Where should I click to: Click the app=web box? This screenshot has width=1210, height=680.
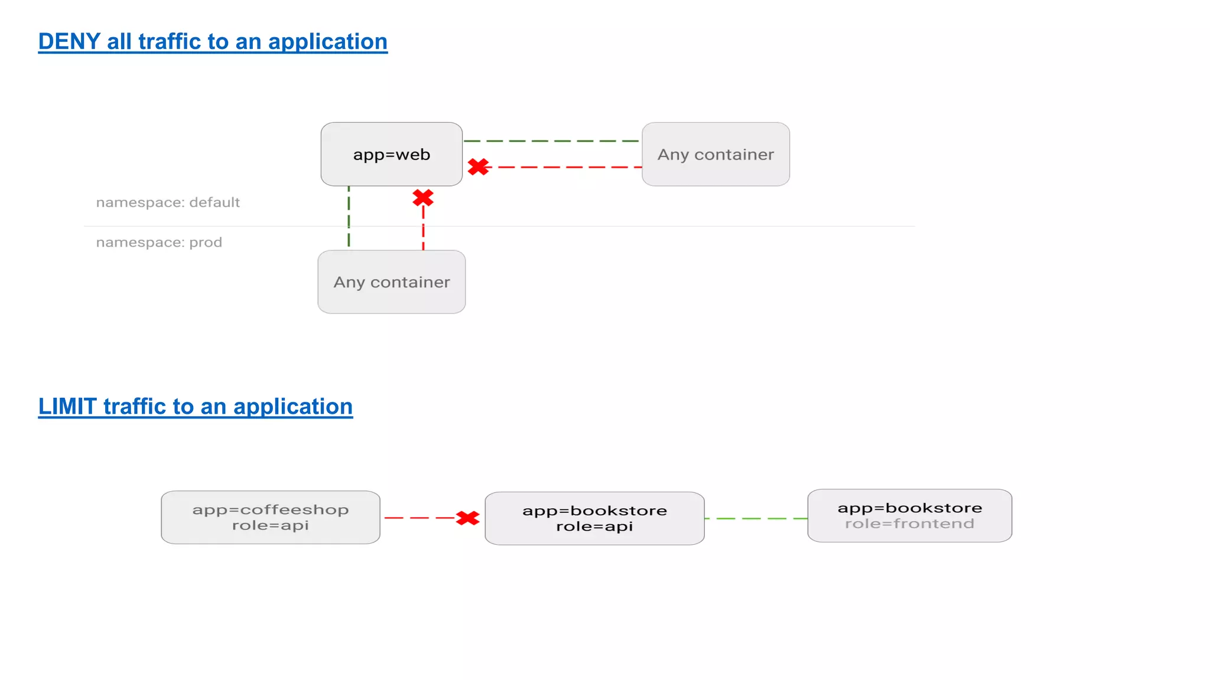391,154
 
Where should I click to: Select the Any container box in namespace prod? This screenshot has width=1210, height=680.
391,282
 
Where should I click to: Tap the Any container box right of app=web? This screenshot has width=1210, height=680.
715,154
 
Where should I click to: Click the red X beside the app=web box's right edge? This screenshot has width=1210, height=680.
478,167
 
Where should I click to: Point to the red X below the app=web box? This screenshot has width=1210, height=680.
423,198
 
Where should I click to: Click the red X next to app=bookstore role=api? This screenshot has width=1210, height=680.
467,518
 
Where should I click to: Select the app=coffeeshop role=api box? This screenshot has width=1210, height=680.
270,517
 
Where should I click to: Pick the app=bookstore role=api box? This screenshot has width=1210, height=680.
594,518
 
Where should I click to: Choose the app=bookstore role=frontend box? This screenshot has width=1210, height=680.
909,515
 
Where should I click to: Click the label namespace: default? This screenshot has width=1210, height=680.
168,202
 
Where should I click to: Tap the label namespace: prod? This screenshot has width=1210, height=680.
159,243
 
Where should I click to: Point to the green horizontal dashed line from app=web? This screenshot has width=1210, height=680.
551,141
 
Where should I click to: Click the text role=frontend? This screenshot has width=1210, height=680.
909,524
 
